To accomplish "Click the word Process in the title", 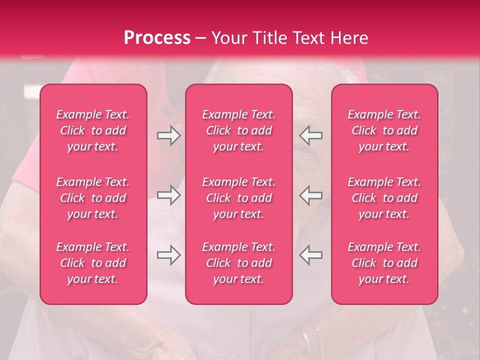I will point(157,38).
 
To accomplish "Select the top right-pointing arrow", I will point(169,135).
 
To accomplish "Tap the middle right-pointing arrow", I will point(169,195).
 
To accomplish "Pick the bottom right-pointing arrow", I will point(169,255).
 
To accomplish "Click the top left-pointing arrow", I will point(310,135).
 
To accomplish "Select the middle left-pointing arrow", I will point(310,195).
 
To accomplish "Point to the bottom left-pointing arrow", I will point(310,255).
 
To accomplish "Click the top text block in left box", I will point(93,130).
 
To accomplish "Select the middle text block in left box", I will point(93,198).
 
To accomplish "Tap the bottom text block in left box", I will point(93,263).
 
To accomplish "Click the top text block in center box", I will point(239,130).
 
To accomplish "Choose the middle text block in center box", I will point(239,198).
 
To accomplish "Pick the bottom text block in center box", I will point(239,263).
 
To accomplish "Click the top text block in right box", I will point(384,130).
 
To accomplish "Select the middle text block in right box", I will point(384,198).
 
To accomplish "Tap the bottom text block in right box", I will point(384,263).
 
